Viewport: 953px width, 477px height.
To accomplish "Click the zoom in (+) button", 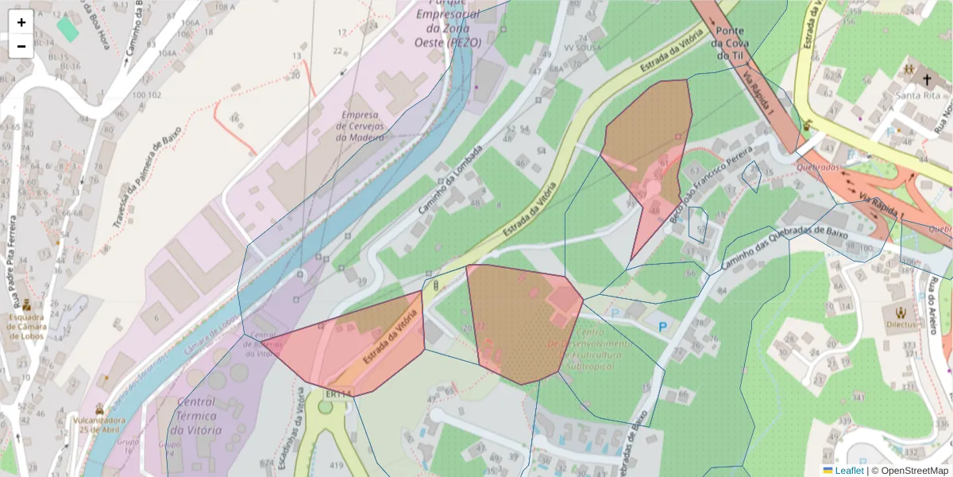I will tap(21, 22).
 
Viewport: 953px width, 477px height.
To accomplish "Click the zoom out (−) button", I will tap(21, 46).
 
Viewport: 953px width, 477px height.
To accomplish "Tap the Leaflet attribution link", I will tap(849, 471).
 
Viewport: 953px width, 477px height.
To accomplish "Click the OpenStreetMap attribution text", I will tap(914, 471).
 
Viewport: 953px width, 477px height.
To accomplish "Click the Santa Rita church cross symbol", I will tap(926, 79).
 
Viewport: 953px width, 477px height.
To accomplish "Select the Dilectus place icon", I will tap(900, 312).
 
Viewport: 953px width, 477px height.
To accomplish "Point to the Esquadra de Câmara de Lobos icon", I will tap(26, 304).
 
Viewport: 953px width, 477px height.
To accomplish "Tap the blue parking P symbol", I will tap(662, 326).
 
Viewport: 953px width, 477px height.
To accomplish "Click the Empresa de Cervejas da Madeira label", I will tap(362, 126).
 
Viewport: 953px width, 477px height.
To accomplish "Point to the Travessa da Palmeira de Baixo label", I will tap(148, 176).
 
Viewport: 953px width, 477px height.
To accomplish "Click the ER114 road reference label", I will tap(338, 394).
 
